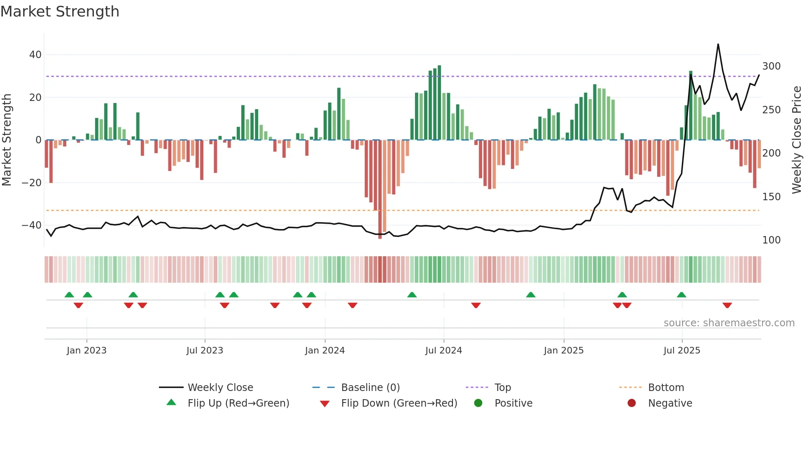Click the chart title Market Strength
coord(60,12)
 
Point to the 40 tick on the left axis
coord(35,55)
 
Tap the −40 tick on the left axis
coord(31,225)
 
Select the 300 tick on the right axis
coord(771,66)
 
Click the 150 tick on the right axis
coord(771,197)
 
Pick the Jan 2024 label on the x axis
coord(324,351)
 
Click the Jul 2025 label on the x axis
coord(681,351)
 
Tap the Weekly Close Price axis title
coord(797,140)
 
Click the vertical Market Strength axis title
coord(7,140)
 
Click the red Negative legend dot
coord(631,403)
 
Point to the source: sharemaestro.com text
coord(729,323)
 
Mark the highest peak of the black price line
coord(718,44)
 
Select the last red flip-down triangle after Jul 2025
coord(727,305)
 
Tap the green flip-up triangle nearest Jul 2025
coord(681,295)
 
